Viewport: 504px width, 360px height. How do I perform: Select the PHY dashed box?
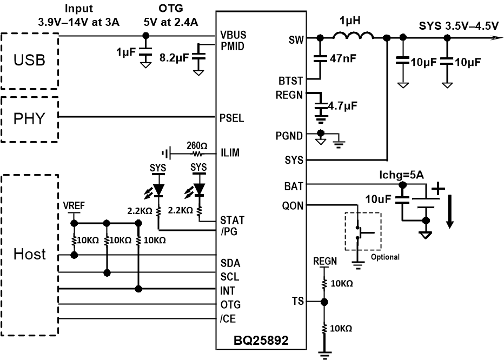[x=30, y=119]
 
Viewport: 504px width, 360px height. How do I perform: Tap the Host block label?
[x=30, y=254]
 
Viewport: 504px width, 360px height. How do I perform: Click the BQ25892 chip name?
[x=261, y=342]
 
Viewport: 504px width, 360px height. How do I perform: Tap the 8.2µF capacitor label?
[x=175, y=55]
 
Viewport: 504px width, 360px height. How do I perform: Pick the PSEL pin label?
[x=232, y=118]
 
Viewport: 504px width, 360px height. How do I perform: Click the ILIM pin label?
[x=230, y=153]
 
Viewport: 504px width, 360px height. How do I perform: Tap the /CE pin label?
[x=228, y=318]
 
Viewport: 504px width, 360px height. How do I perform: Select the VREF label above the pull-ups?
[x=74, y=205]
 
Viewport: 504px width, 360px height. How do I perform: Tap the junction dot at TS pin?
[x=324, y=302]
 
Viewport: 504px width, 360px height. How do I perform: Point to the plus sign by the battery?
[x=438, y=190]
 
